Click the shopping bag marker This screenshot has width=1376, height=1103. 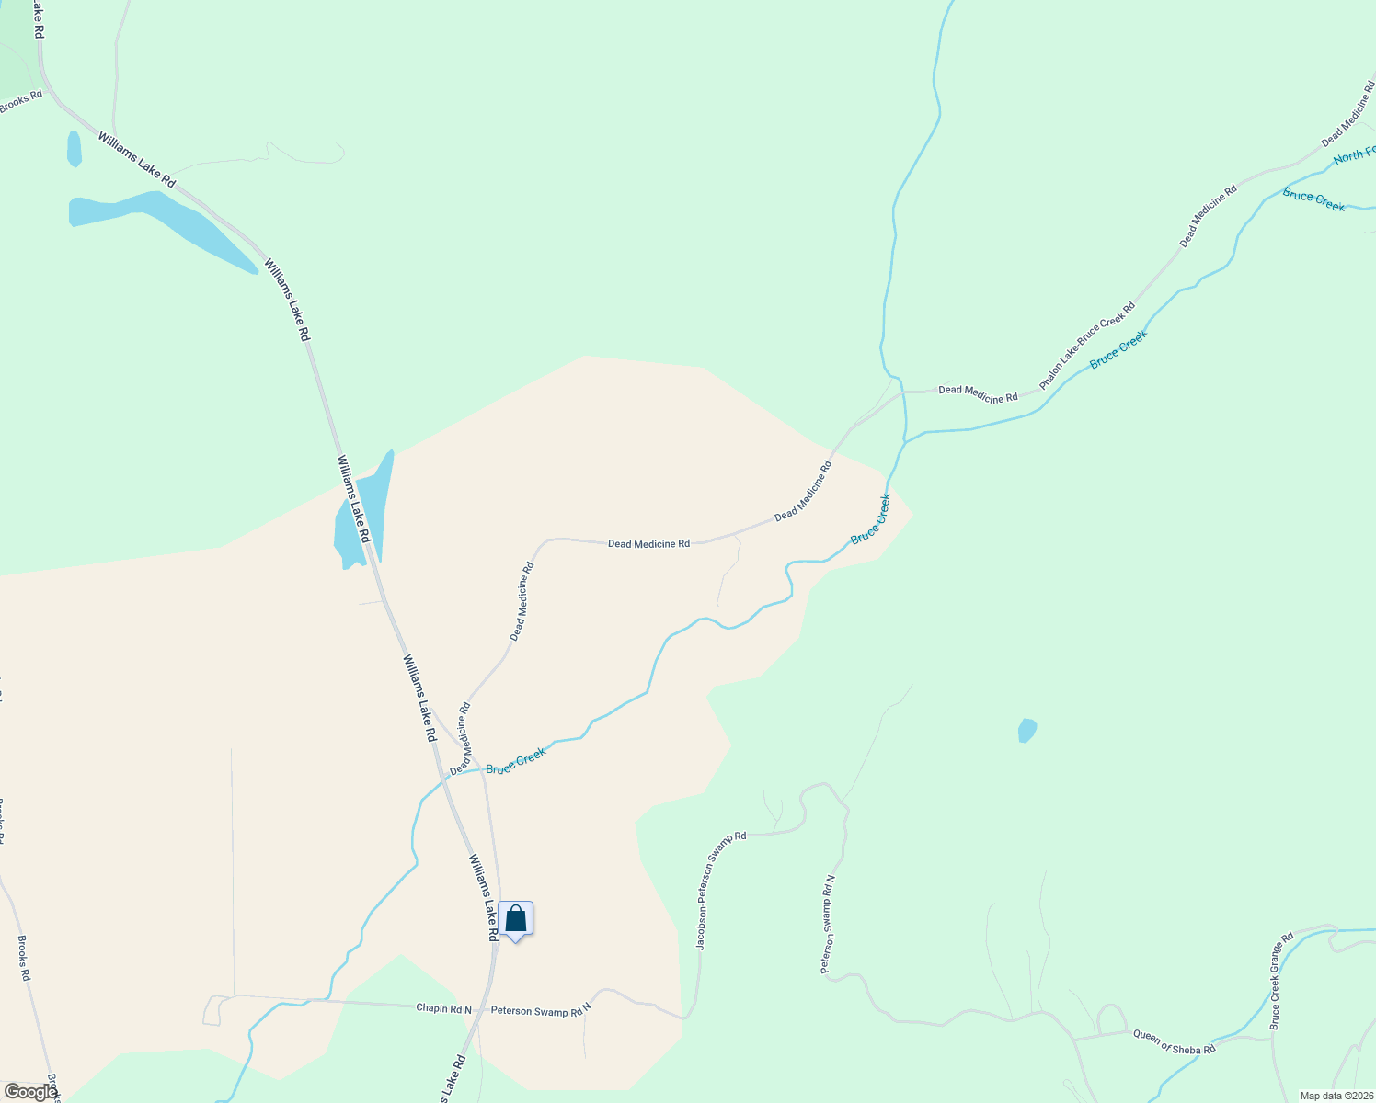516,918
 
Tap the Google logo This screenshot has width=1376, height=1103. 29,1091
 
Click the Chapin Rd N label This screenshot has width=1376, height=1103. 443,1008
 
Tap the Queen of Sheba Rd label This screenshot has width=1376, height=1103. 1174,1041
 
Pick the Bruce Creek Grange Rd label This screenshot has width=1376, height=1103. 1281,981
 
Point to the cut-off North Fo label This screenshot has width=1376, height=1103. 1354,154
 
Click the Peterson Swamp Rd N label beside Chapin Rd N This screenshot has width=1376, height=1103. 540,1010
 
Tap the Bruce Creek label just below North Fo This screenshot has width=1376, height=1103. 1313,199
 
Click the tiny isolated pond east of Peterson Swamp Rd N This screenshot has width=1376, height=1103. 1027,730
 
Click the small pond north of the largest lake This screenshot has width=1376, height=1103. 74,149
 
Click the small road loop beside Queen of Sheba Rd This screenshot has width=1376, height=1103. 1112,1019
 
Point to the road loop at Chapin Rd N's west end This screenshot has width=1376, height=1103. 212,1010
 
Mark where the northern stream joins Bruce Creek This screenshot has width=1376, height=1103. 905,440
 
